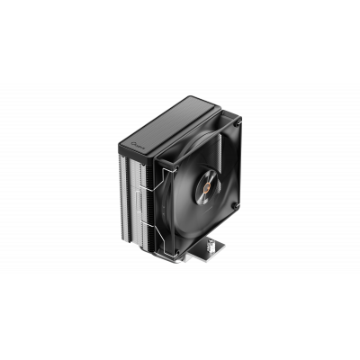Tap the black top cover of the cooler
171,121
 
